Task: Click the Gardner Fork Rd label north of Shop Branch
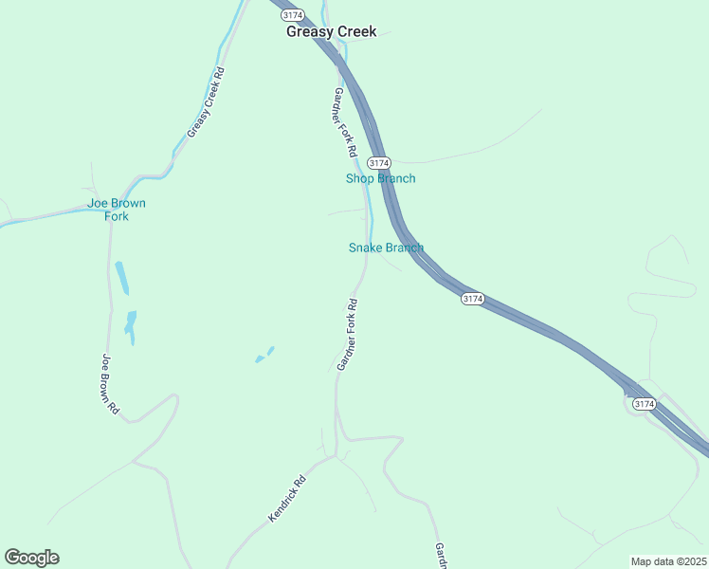tap(344, 122)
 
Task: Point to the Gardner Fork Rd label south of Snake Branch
tap(347, 335)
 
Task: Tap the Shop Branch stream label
tap(380, 178)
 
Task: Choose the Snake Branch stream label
tap(385, 248)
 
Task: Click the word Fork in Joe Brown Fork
tap(117, 216)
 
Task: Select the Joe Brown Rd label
tap(109, 383)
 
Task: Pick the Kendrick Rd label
tap(287, 498)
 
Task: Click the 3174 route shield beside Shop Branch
tap(378, 163)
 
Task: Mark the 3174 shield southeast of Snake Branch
tap(472, 299)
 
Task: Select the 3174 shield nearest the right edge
tap(644, 404)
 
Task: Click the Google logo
tap(31, 558)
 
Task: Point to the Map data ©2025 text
tap(668, 561)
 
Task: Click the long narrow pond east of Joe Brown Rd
tap(121, 278)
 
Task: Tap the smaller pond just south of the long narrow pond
tap(130, 325)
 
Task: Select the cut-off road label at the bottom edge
tap(440, 556)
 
